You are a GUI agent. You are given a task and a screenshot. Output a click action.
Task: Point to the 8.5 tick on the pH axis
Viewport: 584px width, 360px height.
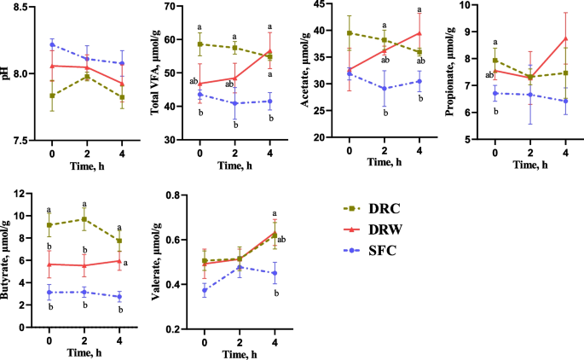pos(21,7)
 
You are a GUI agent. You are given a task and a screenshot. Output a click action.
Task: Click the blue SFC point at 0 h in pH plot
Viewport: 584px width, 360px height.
pos(52,44)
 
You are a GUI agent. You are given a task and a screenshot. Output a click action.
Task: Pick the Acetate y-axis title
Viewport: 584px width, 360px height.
pos(305,72)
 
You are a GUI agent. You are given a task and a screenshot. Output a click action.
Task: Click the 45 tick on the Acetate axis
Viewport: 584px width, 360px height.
pos(322,7)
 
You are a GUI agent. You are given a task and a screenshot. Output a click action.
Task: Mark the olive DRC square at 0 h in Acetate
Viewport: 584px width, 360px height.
pos(349,33)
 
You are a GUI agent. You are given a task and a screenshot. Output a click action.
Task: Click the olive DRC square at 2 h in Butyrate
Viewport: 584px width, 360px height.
pos(84,219)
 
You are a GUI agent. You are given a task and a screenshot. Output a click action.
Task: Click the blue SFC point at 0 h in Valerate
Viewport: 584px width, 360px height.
pos(205,290)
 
